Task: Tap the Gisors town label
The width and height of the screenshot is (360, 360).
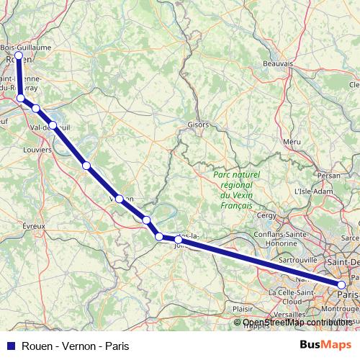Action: coord(198,125)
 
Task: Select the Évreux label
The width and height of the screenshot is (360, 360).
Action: coord(34,226)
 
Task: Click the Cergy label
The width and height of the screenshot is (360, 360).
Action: coord(266,215)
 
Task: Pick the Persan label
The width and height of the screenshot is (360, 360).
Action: coord(328,175)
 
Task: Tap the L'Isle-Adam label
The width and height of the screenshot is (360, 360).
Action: coord(311,192)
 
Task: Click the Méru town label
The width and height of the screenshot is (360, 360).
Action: coord(292,142)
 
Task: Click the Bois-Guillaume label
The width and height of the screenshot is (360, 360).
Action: coord(26,47)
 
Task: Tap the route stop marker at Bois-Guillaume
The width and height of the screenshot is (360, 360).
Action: coord(19,55)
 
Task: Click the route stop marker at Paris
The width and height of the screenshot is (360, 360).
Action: coord(342,287)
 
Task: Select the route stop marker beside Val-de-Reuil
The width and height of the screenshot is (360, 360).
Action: coord(53,125)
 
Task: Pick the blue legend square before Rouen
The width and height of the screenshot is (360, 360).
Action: coord(11,346)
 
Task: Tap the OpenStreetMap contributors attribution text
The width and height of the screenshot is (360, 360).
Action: coord(297,322)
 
